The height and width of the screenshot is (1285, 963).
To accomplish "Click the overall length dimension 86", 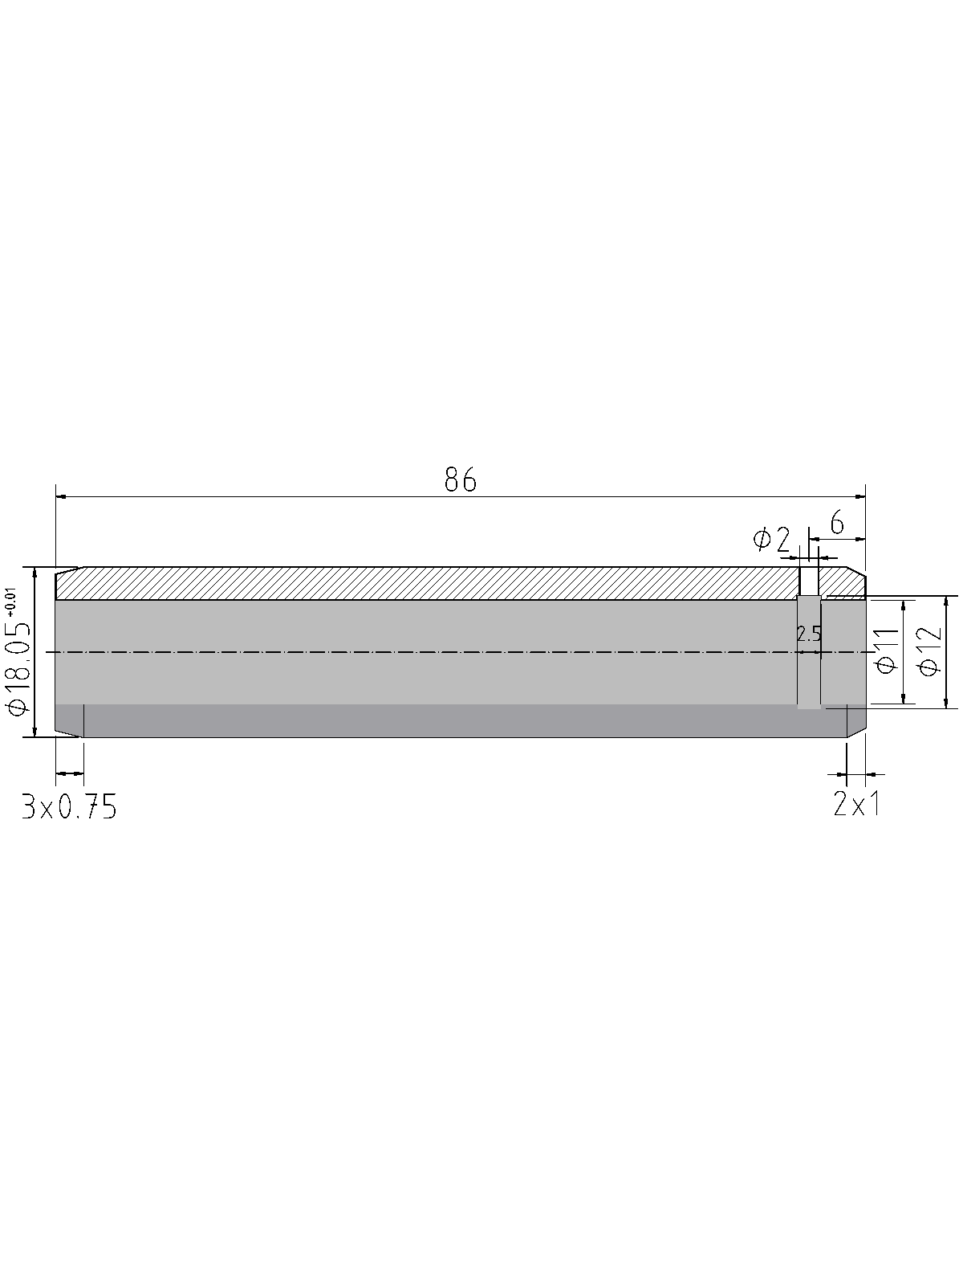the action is click(x=460, y=479).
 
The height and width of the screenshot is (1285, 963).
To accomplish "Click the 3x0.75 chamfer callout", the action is click(x=70, y=806).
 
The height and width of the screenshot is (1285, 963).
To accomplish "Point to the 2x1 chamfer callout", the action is click(x=856, y=806).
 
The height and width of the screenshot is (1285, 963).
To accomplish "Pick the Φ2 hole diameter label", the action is click(x=771, y=539).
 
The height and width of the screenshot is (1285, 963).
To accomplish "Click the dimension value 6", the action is click(x=837, y=524).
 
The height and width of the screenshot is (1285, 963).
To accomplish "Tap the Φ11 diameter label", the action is click(x=888, y=651).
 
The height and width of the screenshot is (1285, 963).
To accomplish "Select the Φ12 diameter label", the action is click(x=931, y=651).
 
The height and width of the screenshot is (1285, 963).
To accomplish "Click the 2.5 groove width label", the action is click(x=809, y=634).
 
